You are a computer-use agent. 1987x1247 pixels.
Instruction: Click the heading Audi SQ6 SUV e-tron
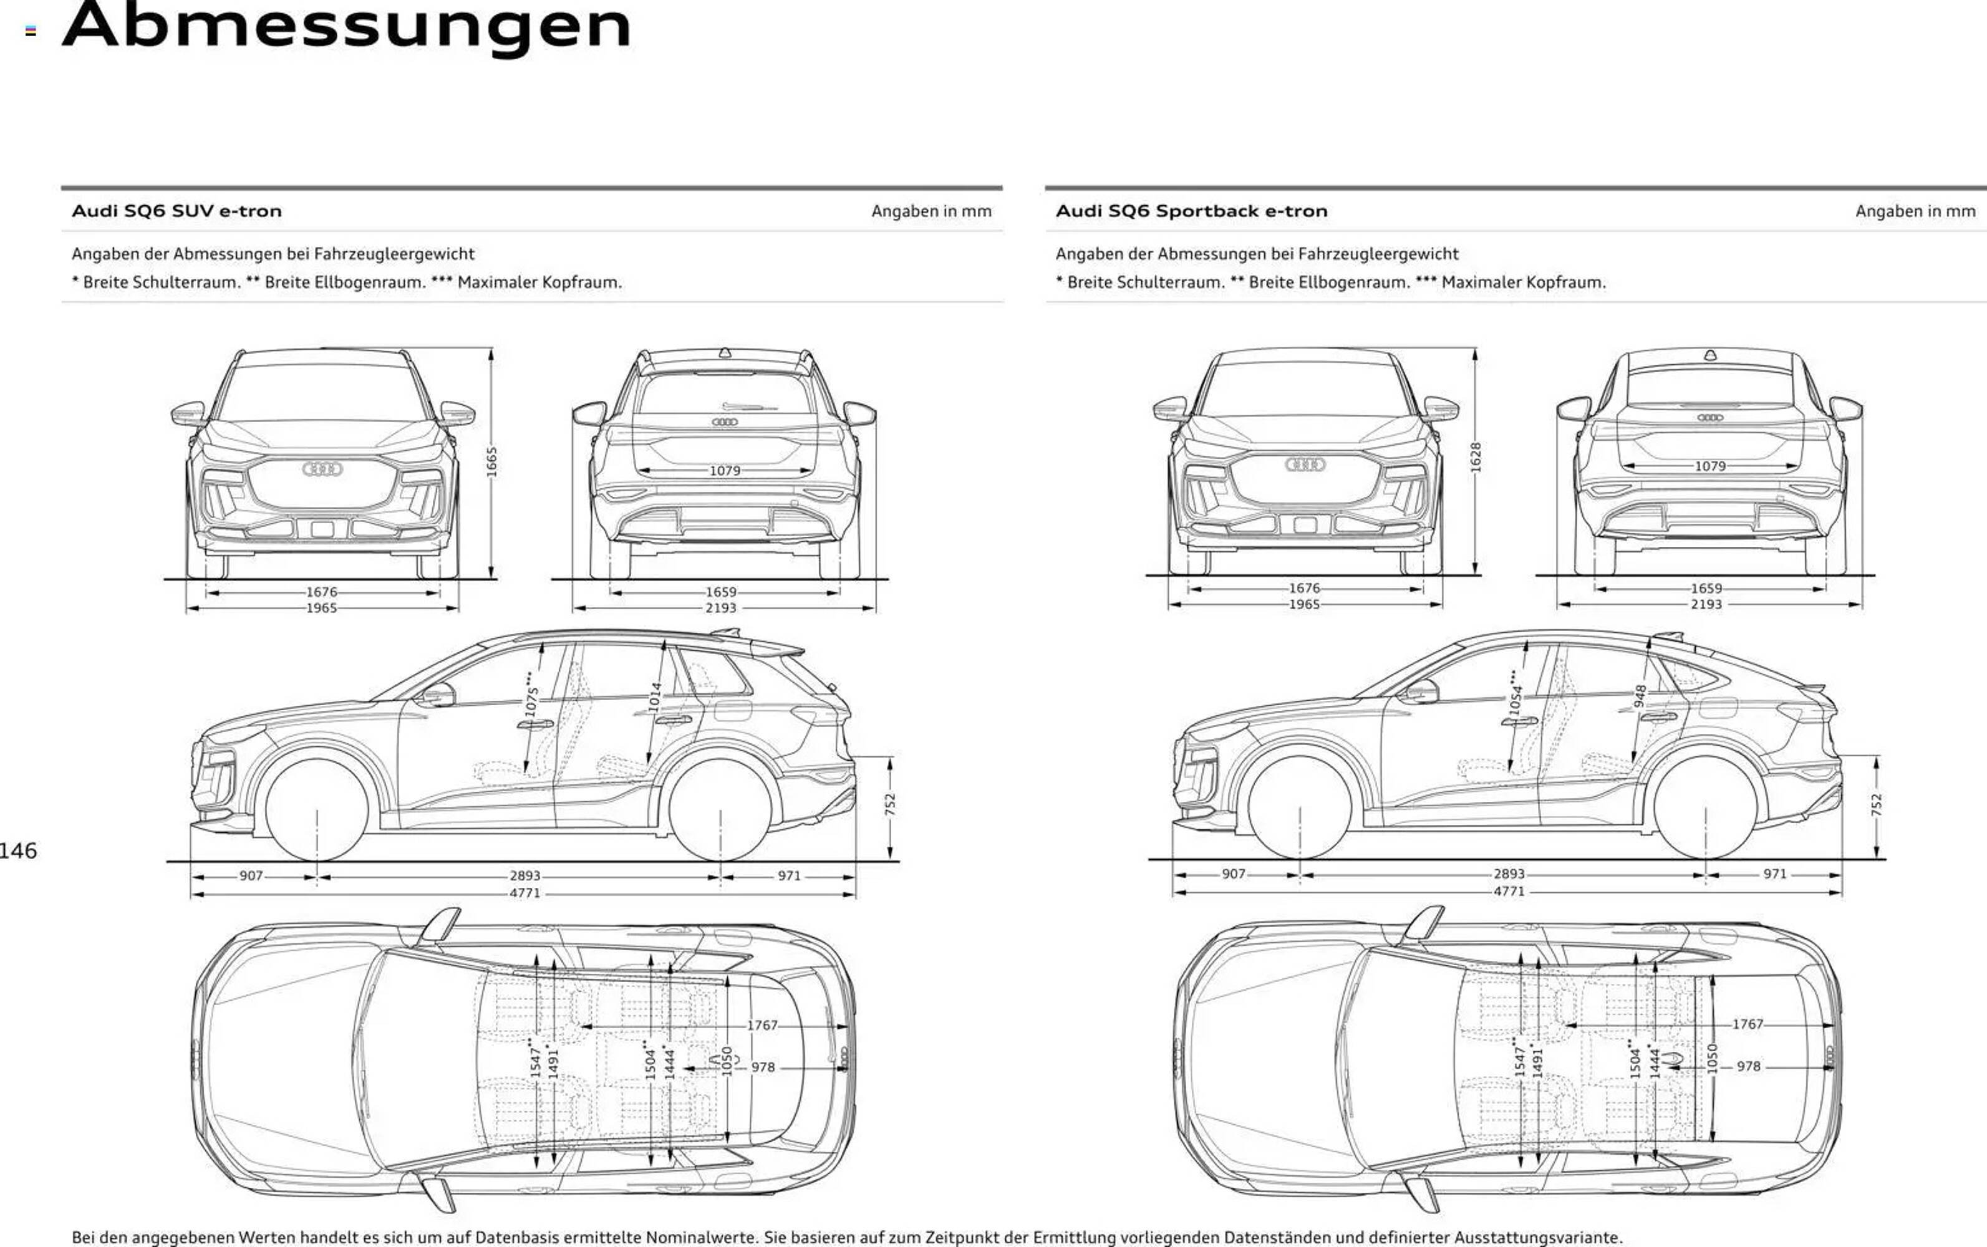(x=176, y=211)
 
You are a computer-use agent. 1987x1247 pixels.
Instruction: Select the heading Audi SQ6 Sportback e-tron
(x=1191, y=211)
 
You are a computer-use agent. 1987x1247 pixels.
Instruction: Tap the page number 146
(x=18, y=851)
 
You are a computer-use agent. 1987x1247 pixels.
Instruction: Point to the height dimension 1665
(x=491, y=462)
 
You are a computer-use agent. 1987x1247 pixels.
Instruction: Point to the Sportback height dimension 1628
(x=1476, y=458)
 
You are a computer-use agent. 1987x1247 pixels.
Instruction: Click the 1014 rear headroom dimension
(x=655, y=698)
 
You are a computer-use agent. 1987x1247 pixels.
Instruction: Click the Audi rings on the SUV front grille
(x=322, y=469)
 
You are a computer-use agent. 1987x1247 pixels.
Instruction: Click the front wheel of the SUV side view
(x=317, y=810)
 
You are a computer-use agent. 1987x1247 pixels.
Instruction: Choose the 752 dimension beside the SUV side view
(x=890, y=805)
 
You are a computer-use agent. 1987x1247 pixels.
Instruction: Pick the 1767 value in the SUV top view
(x=762, y=1025)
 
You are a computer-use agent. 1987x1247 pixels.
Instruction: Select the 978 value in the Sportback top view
(x=1748, y=1066)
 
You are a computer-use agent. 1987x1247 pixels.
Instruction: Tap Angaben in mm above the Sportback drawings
(x=1915, y=211)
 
